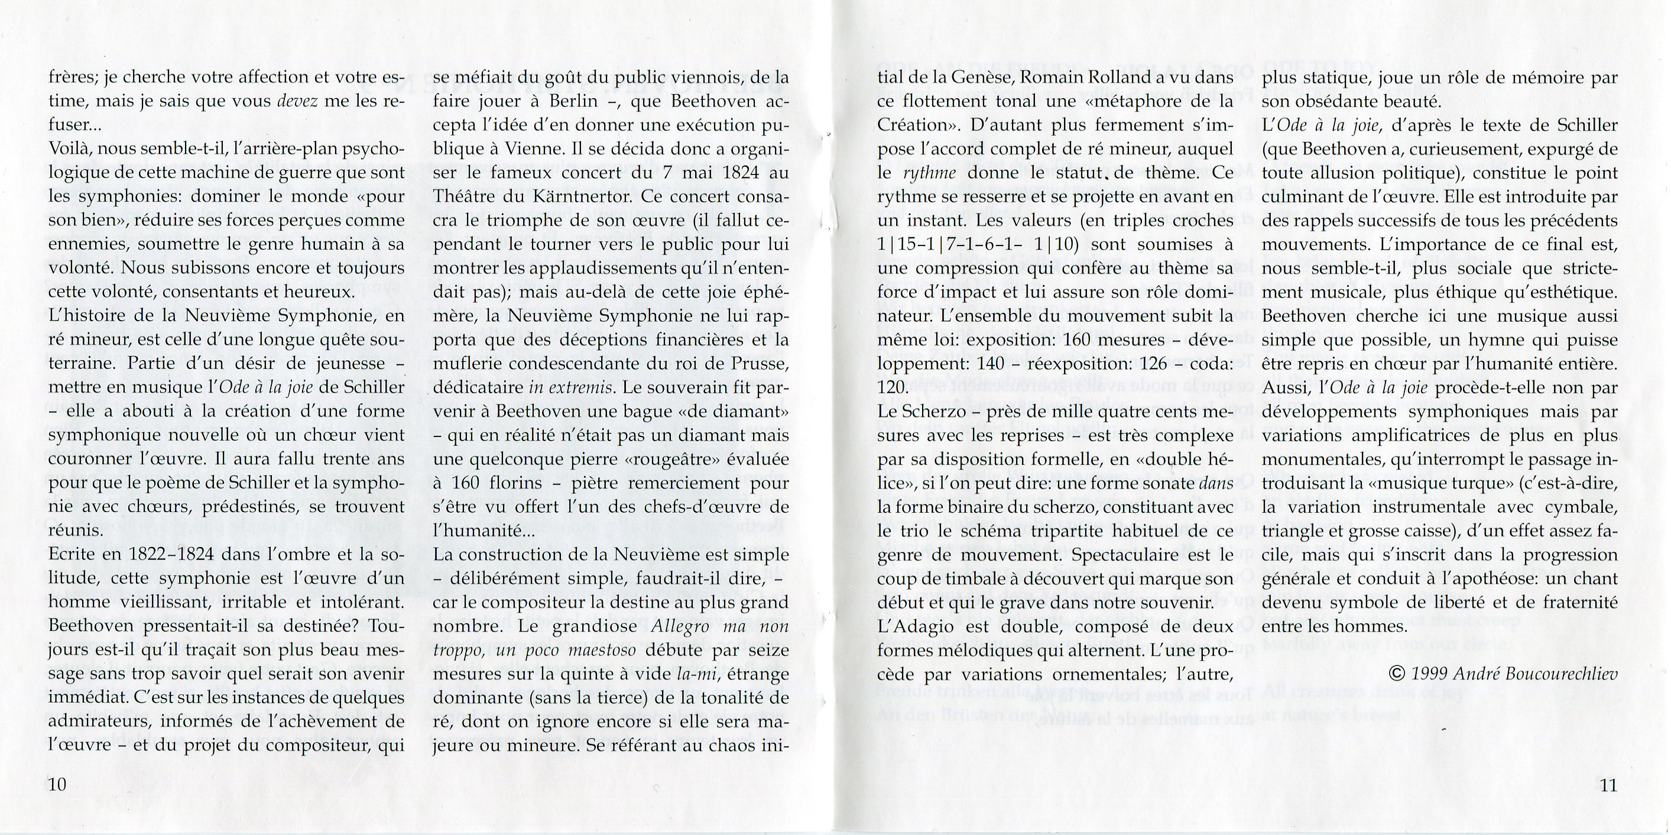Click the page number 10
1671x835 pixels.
(x=57, y=784)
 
